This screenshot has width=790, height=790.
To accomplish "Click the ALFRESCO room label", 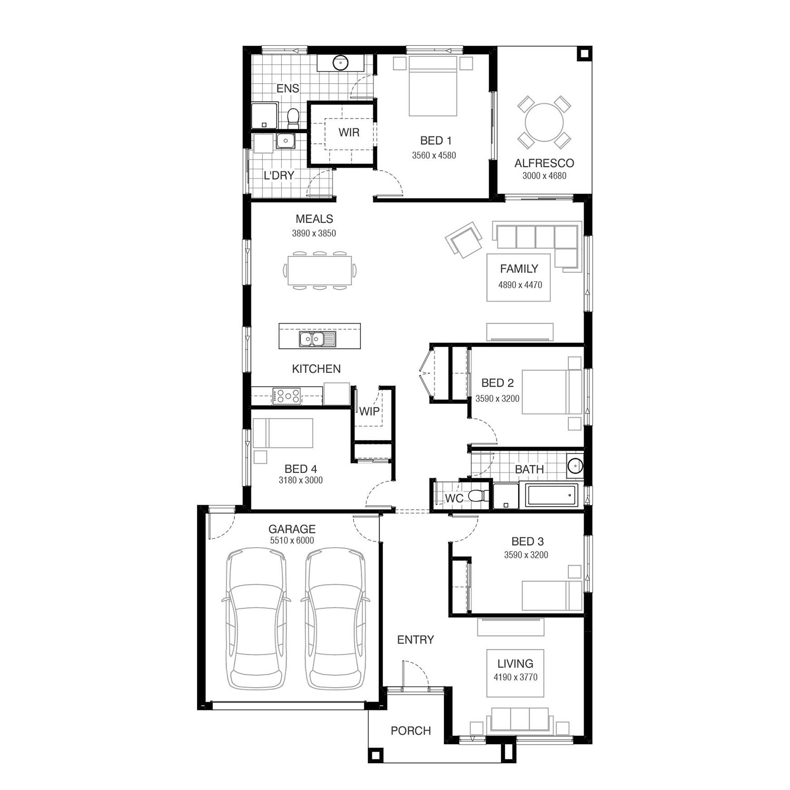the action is tap(544, 163).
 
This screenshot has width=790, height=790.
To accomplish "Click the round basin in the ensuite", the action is tap(341, 63).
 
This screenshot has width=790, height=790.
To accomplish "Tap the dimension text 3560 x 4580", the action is tap(434, 155).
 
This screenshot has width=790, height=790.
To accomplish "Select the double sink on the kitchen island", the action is tap(317, 340).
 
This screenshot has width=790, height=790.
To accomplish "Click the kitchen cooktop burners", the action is tap(287, 396).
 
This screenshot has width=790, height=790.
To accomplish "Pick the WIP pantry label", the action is tap(369, 411).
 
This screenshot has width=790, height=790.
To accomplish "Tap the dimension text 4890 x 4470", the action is tap(520, 285).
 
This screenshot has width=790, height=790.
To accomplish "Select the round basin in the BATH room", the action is tap(575, 466).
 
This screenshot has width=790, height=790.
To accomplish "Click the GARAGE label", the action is tap(292, 529).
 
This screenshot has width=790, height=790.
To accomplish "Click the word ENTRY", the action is tap(416, 640).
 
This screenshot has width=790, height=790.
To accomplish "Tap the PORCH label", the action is tap(411, 731).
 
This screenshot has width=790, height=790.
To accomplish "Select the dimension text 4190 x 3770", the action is tap(516, 677).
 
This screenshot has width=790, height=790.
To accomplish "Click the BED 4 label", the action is tap(301, 469).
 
